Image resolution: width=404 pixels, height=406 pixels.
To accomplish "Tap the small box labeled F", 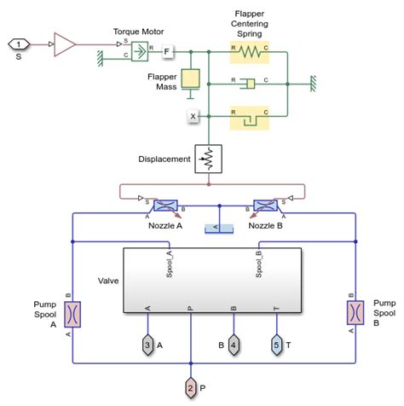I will (167, 53).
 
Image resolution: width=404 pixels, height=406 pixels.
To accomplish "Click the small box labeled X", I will (193, 115).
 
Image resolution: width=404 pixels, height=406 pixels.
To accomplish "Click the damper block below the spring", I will (250, 84).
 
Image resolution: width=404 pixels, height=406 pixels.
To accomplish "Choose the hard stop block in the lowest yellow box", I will (250, 115).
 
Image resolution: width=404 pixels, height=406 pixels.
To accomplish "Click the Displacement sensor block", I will (207, 159).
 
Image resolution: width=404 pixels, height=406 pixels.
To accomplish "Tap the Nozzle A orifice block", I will (164, 206).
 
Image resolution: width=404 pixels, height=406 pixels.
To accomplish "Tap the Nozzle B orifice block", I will (263, 206).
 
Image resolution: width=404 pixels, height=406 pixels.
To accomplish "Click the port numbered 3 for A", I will (148, 345).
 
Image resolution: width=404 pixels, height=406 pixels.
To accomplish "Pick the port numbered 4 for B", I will (234, 345).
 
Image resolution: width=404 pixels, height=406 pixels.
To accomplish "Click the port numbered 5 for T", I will (275, 345).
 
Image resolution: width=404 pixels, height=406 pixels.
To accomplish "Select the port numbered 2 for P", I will (191, 389).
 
